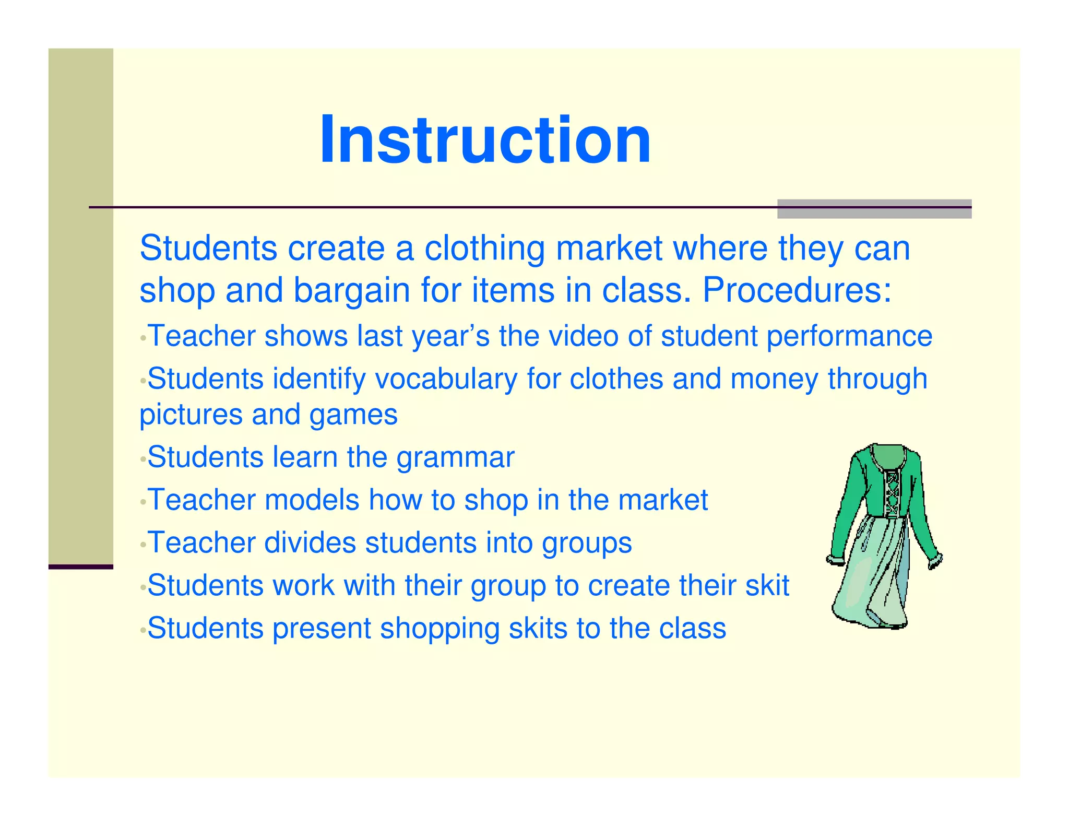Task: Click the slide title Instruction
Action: (485, 140)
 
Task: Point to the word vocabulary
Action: (446, 380)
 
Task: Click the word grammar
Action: (455, 458)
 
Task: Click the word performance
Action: (849, 337)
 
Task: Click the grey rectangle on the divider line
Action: (874, 208)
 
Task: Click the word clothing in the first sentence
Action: (484, 249)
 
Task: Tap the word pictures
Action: (191, 416)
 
